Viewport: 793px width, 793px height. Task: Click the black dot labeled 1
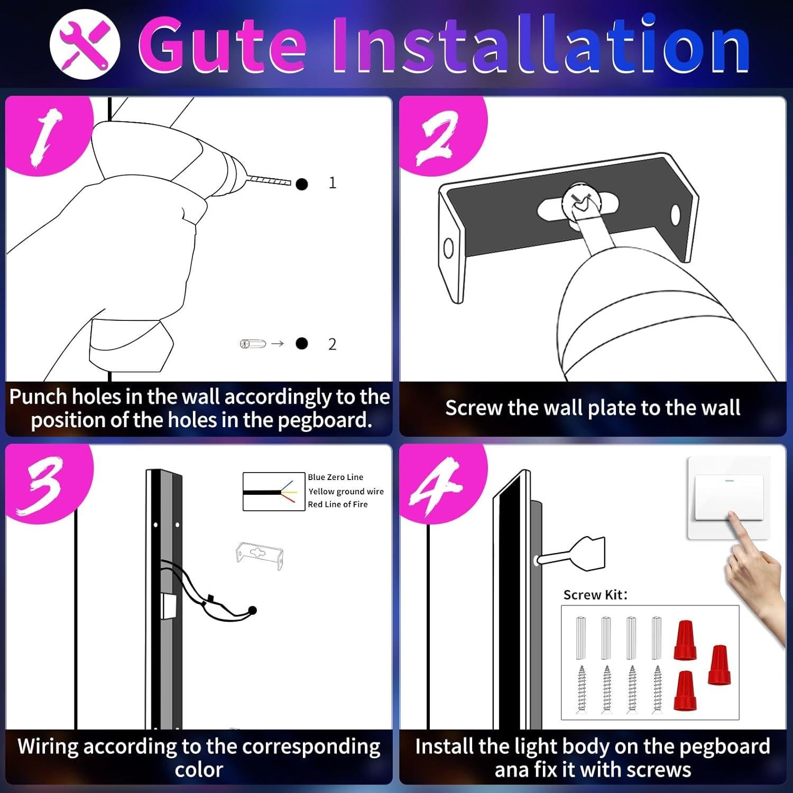[302, 184]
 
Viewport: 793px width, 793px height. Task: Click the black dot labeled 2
[302, 344]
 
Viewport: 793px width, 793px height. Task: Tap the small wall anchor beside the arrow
[253, 344]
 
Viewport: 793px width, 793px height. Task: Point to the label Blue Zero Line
[336, 477]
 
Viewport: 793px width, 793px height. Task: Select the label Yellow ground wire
[346, 492]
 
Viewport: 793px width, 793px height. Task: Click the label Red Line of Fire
[338, 505]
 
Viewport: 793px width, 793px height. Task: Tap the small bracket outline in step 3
[259, 556]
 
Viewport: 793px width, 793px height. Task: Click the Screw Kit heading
[595, 595]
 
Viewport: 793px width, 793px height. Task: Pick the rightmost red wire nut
[719, 665]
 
